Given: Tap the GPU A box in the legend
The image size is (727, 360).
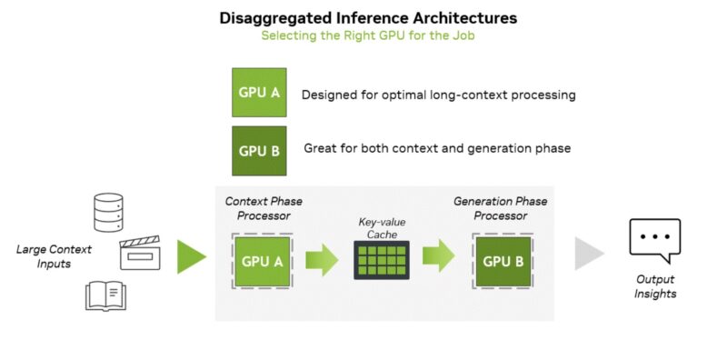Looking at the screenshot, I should (259, 93).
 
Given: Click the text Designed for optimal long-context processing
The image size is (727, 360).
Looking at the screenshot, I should (438, 95).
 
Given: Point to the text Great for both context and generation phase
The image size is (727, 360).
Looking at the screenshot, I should (435, 148).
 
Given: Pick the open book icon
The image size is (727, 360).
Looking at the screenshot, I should (105, 295).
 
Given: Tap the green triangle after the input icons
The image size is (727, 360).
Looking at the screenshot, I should (191, 256).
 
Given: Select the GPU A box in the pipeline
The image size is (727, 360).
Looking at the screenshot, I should (262, 260).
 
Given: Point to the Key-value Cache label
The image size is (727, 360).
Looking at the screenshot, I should (383, 226).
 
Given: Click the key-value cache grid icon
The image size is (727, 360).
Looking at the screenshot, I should (383, 262).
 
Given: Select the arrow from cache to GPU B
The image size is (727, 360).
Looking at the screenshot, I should (440, 257).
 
